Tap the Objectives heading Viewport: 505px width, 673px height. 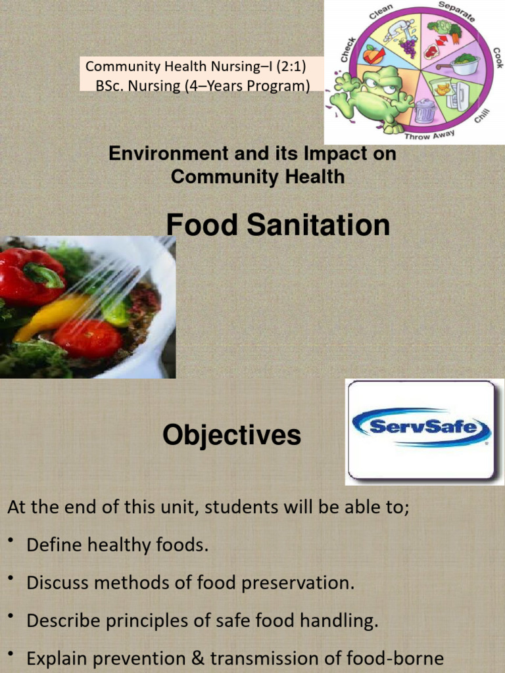pyautogui.click(x=231, y=435)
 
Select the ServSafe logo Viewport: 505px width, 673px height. pyautogui.click(x=421, y=429)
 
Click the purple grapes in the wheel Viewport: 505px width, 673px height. pyautogui.click(x=409, y=47)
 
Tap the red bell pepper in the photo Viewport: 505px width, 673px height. pyautogui.click(x=30, y=276)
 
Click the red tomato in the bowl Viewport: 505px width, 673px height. pyautogui.click(x=87, y=338)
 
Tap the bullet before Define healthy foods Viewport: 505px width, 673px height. pyautogui.click(x=11, y=541)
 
